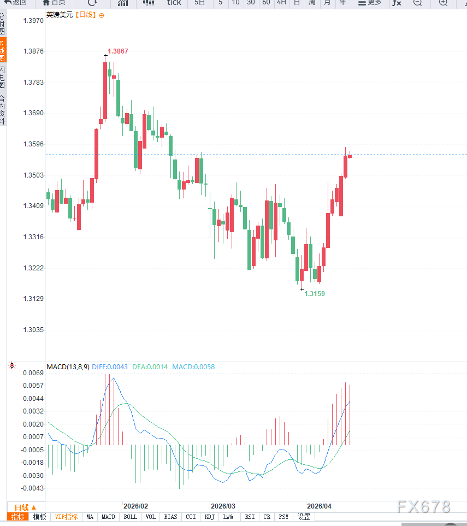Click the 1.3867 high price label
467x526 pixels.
click(118, 51)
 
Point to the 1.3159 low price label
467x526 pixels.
click(315, 294)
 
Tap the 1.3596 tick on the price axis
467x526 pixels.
click(33, 145)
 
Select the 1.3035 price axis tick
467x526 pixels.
click(33, 330)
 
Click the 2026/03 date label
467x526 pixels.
click(223, 506)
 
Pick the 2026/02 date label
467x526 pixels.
click(136, 506)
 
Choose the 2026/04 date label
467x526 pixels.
click(320, 506)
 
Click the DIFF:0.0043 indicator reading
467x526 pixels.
click(110, 367)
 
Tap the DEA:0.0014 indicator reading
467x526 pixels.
click(149, 367)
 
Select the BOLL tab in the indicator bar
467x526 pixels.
click(131, 517)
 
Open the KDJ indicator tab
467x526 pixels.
click(210, 517)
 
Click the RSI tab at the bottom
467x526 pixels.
click(250, 517)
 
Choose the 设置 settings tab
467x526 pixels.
click(304, 517)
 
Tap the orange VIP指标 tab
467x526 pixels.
click(66, 517)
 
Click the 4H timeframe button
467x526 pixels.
click(281, 3)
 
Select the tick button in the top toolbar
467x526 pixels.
click(174, 3)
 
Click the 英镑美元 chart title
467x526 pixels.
click(59, 15)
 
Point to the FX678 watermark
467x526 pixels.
click(424, 507)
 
